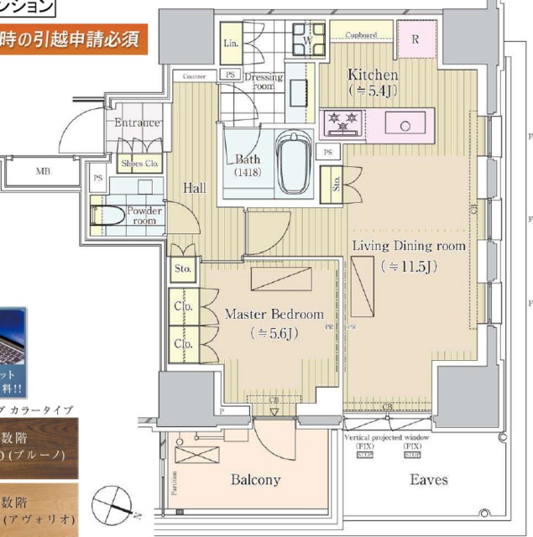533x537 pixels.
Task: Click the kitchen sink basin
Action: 405,125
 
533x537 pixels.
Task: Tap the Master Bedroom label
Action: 274,314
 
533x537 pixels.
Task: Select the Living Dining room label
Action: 408,246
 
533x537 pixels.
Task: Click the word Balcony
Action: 255,480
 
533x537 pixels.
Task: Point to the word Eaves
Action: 429,480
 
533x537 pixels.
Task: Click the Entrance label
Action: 138,123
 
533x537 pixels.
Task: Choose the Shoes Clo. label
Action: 140,164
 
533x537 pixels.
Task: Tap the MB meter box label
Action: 43,172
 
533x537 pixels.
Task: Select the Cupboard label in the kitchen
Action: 361,35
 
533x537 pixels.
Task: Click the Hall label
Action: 195,188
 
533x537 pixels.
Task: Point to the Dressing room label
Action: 264,81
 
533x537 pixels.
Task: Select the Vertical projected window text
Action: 388,438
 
